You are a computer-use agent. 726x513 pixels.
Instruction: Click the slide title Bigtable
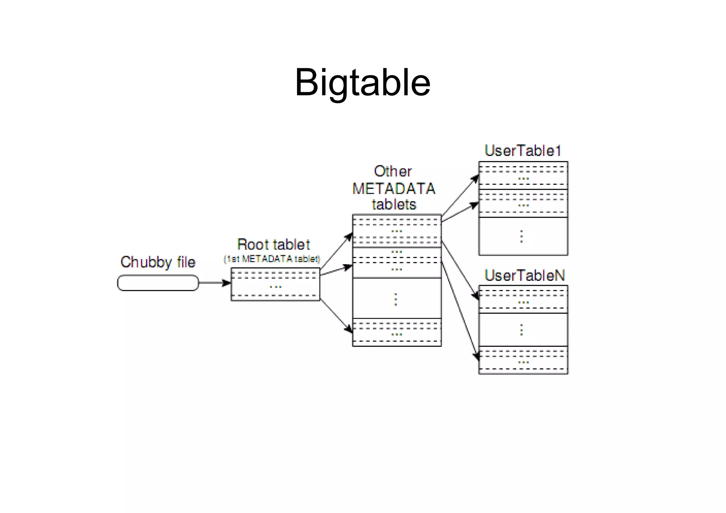click(x=362, y=83)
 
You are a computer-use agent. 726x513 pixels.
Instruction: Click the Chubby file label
click(x=158, y=262)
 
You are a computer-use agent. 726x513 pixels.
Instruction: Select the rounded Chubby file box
click(x=158, y=283)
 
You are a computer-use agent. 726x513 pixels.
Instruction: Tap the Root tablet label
click(x=274, y=245)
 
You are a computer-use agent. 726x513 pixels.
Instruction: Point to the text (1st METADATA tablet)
click(x=272, y=259)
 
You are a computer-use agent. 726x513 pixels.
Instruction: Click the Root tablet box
click(x=275, y=284)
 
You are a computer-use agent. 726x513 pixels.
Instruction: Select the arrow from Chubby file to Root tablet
click(x=214, y=283)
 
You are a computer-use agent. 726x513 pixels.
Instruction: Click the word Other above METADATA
click(x=393, y=172)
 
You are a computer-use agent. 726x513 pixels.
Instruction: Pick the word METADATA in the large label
click(x=394, y=189)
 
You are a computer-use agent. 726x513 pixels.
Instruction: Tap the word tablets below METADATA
click(x=394, y=205)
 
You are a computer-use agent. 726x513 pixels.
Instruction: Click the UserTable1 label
click(x=523, y=151)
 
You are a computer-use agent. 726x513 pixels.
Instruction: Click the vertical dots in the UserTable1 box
click(x=521, y=236)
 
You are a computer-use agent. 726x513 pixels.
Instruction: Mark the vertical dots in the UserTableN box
click(x=521, y=330)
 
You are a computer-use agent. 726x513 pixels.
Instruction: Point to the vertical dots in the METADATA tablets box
click(x=396, y=299)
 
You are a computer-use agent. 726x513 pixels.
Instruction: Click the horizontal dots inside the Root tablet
click(x=275, y=286)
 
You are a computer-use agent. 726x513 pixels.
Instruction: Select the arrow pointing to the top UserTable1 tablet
click(x=460, y=195)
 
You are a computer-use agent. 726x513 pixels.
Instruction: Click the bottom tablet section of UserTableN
click(x=523, y=360)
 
